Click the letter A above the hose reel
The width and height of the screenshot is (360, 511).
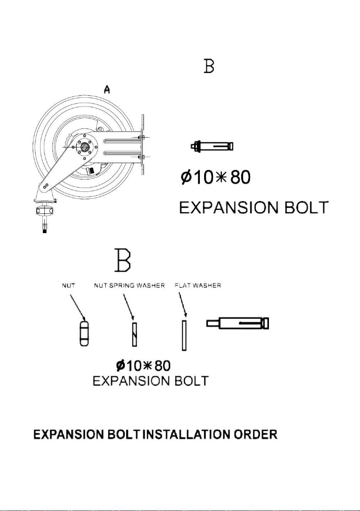point(107,89)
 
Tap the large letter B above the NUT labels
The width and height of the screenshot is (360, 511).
point(123,260)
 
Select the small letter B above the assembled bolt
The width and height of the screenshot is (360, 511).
point(209,66)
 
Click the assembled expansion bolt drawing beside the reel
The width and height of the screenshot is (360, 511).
point(212,146)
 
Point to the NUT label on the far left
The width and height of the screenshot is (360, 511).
point(68,285)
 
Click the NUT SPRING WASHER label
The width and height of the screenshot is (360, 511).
point(129,285)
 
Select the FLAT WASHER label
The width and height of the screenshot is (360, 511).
point(198,285)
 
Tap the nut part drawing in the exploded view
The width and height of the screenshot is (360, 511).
point(84,333)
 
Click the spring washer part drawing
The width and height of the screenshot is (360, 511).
point(135,335)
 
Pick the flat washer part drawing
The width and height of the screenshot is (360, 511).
point(184,335)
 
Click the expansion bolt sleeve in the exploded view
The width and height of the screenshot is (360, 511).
point(238,323)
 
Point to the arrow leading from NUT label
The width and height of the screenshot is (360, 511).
point(78,307)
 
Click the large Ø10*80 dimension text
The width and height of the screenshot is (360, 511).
point(215,177)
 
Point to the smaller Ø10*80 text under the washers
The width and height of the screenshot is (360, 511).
point(143,365)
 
